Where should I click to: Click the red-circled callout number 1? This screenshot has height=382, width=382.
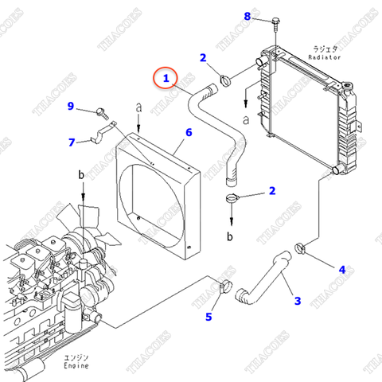[166, 78]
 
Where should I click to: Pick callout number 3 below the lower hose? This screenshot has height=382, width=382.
[297, 300]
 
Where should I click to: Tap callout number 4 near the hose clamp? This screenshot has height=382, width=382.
[341, 269]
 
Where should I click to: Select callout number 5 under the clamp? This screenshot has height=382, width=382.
[209, 318]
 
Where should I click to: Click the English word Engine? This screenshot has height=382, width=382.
[76, 368]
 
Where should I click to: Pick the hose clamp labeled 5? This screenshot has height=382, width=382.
[224, 287]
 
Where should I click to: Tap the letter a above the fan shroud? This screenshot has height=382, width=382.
[138, 106]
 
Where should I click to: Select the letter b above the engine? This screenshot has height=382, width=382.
[81, 173]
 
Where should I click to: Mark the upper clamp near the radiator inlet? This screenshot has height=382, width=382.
[225, 80]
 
